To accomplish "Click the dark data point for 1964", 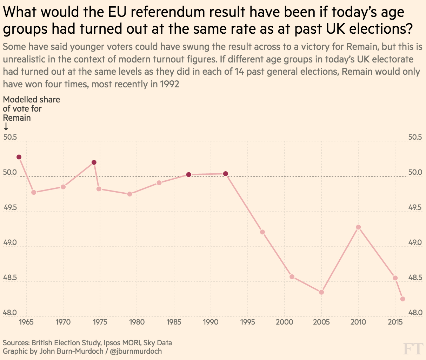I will (x=19, y=157).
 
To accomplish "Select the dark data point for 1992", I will (x=226, y=174).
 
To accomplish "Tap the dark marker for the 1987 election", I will (x=188, y=174).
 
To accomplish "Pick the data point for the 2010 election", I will (x=358, y=227).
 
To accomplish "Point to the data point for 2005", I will (x=321, y=292).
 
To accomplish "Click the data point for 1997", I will (x=262, y=232).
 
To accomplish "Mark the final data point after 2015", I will (x=402, y=299).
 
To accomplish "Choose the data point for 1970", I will (x=63, y=187).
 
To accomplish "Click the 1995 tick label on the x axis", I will (x=248, y=322).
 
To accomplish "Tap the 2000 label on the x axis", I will (x=285, y=322).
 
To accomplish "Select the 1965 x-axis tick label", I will (x=26, y=322).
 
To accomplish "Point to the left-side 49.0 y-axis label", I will (x=10, y=243).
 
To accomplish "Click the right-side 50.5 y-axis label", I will (x=415, y=137).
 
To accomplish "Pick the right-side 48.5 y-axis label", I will (x=415, y=278).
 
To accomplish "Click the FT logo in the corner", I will (x=413, y=349).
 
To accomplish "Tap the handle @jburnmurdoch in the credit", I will (x=136, y=351).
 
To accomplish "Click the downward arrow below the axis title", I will (x=6, y=127).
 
